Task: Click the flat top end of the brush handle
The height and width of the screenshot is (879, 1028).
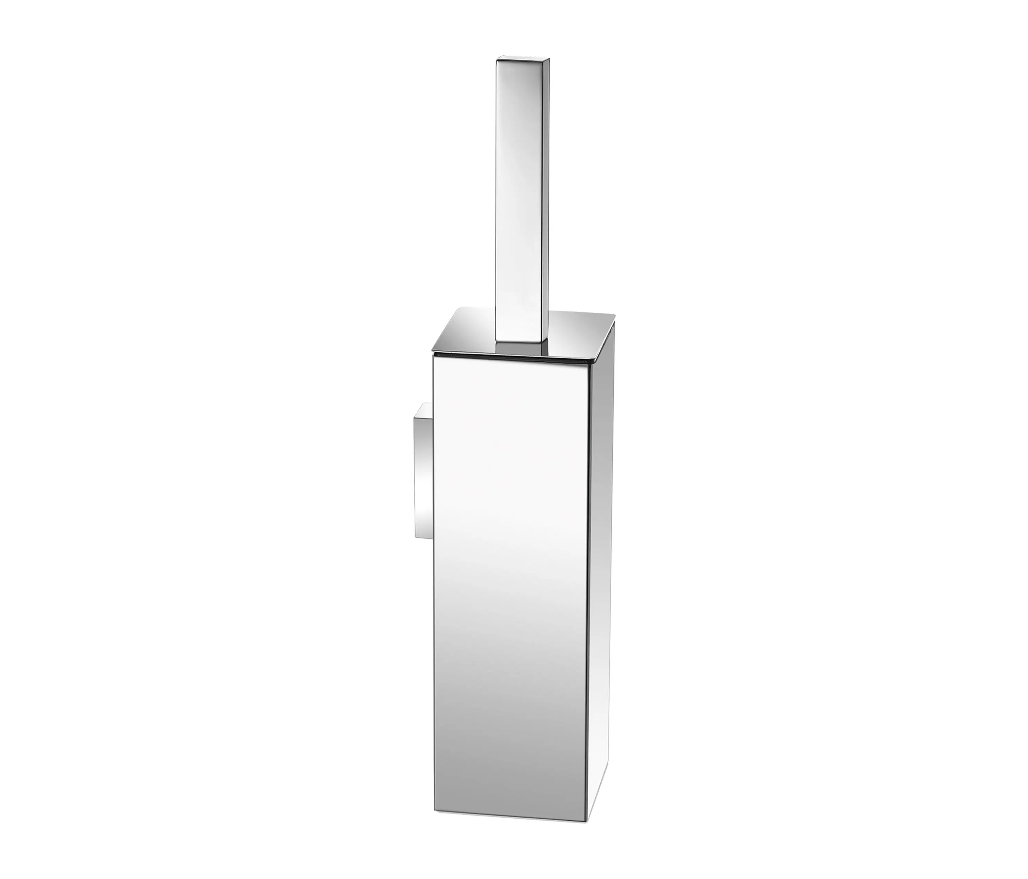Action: tap(524, 61)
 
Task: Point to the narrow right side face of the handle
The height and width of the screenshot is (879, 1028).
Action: tap(548, 198)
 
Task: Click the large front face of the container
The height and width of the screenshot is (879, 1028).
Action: tap(511, 571)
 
